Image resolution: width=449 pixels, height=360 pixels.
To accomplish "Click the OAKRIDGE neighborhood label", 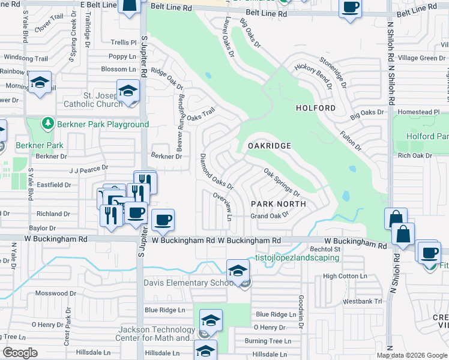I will coord(270,146).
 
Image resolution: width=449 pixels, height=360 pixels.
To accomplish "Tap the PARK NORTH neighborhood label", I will coord(279,204).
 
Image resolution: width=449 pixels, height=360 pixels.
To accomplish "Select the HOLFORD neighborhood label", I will coord(316,108).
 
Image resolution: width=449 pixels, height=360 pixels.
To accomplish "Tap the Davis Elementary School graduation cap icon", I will coord(238,269).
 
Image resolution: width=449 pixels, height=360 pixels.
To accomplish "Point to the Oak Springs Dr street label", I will coord(282,181).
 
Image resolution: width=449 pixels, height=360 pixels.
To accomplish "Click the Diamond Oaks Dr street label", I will coord(215,171).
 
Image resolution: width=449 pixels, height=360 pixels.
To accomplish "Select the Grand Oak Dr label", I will coord(270,216).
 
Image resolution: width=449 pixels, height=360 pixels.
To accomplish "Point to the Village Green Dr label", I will coord(421,58).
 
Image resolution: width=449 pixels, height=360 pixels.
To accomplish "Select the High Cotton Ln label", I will coord(345,276).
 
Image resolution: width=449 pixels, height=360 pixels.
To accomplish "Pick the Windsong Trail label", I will coord(26,58).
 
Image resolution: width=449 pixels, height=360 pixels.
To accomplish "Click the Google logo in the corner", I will coord(20,353).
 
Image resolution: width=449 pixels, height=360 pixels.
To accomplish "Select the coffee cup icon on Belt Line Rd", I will coord(350,9).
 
